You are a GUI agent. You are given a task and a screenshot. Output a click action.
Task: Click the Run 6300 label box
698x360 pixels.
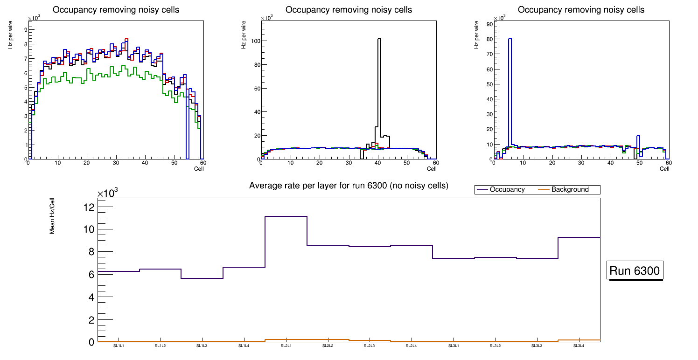(635, 271)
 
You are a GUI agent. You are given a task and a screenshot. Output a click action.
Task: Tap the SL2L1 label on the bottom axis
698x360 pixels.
(286, 346)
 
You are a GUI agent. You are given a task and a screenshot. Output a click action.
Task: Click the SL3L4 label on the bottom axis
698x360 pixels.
(579, 346)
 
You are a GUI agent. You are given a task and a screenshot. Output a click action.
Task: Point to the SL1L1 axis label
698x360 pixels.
(119, 346)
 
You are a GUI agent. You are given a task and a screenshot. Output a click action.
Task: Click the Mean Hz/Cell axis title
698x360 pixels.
(53, 215)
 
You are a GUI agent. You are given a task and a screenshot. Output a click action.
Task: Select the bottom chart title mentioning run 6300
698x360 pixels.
(349, 186)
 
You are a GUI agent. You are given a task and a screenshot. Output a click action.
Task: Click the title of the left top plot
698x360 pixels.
(116, 10)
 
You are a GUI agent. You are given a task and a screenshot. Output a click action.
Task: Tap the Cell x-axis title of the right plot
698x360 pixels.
(664, 169)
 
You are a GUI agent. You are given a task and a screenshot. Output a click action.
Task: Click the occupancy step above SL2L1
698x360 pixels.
(286, 216)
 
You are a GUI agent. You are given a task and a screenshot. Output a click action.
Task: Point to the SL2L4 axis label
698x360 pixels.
(411, 346)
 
